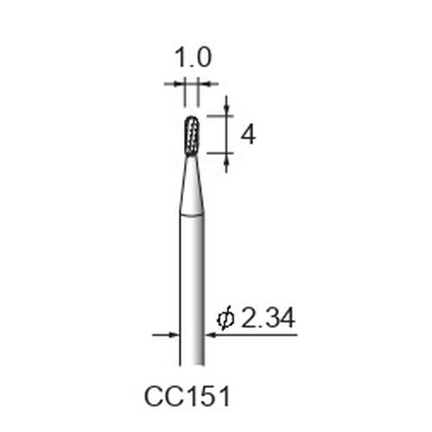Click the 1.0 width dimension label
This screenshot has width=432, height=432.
point(193,58)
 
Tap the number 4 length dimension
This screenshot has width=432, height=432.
point(248,135)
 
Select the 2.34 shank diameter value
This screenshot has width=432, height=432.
point(268,318)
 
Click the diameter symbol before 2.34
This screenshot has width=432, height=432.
point(226,319)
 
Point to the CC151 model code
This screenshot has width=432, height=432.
point(187,397)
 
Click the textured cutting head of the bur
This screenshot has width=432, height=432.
point(192,136)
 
